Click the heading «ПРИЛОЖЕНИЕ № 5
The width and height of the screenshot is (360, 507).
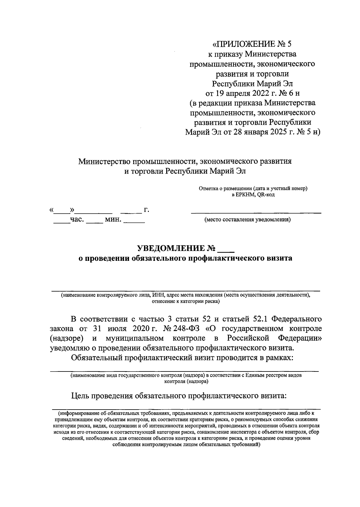tap(252, 44)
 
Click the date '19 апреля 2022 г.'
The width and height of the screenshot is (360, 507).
tap(244, 93)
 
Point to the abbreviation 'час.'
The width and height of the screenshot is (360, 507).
tap(76, 220)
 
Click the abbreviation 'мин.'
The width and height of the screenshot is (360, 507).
tap(113, 220)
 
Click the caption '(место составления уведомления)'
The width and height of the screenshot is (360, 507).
tap(247, 220)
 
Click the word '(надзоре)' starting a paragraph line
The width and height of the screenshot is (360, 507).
tap(66, 338)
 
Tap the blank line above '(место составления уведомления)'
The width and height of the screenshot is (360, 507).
tap(256, 212)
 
